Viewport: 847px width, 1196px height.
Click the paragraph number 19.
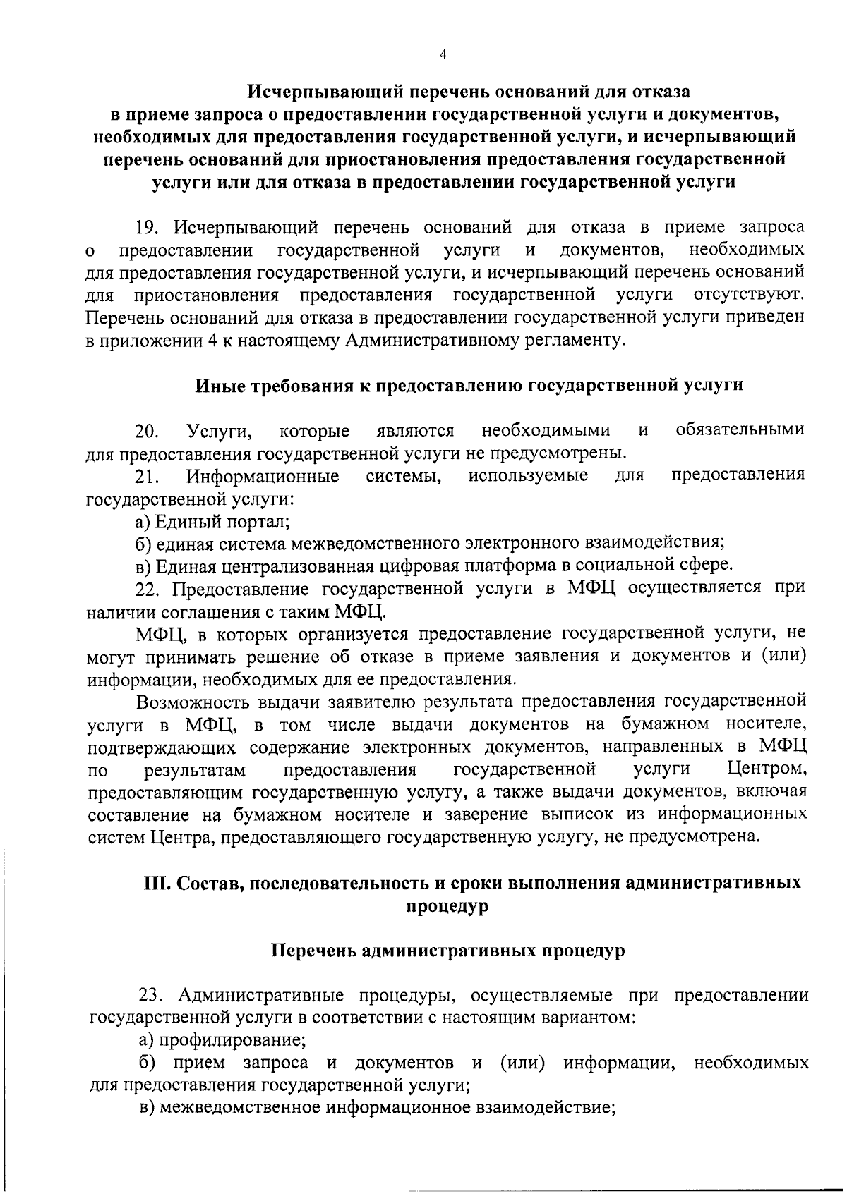(149, 228)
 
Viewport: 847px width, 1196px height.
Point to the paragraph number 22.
(149, 589)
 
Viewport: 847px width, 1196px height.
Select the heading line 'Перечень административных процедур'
(448, 951)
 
